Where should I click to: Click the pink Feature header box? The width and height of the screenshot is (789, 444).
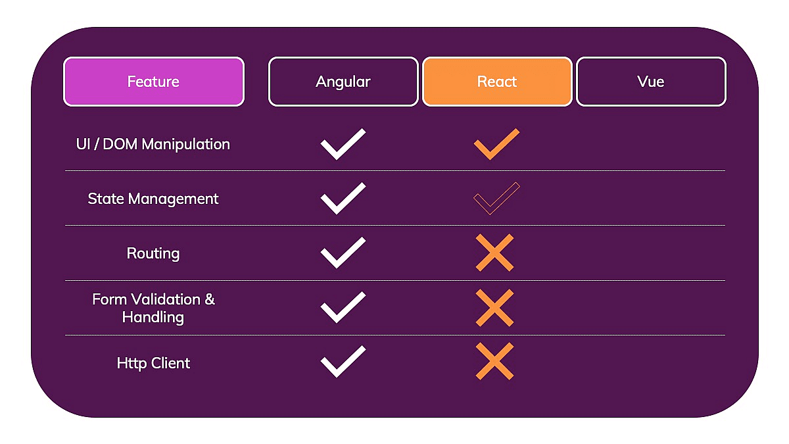click(154, 82)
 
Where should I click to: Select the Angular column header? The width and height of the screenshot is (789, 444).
click(343, 82)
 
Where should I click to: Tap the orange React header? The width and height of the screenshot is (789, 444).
click(497, 82)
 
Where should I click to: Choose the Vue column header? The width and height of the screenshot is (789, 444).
click(651, 82)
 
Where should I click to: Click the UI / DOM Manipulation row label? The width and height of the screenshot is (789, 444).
click(153, 144)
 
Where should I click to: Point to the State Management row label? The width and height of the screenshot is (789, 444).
click(153, 199)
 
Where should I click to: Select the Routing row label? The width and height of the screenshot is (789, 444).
click(153, 253)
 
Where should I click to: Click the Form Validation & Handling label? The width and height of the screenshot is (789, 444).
click(153, 308)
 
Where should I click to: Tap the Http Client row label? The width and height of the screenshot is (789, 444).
click(153, 363)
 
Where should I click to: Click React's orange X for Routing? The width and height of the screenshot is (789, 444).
click(494, 253)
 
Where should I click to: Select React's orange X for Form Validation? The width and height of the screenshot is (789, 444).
click(494, 308)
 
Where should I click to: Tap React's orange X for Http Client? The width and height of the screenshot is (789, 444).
click(494, 362)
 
